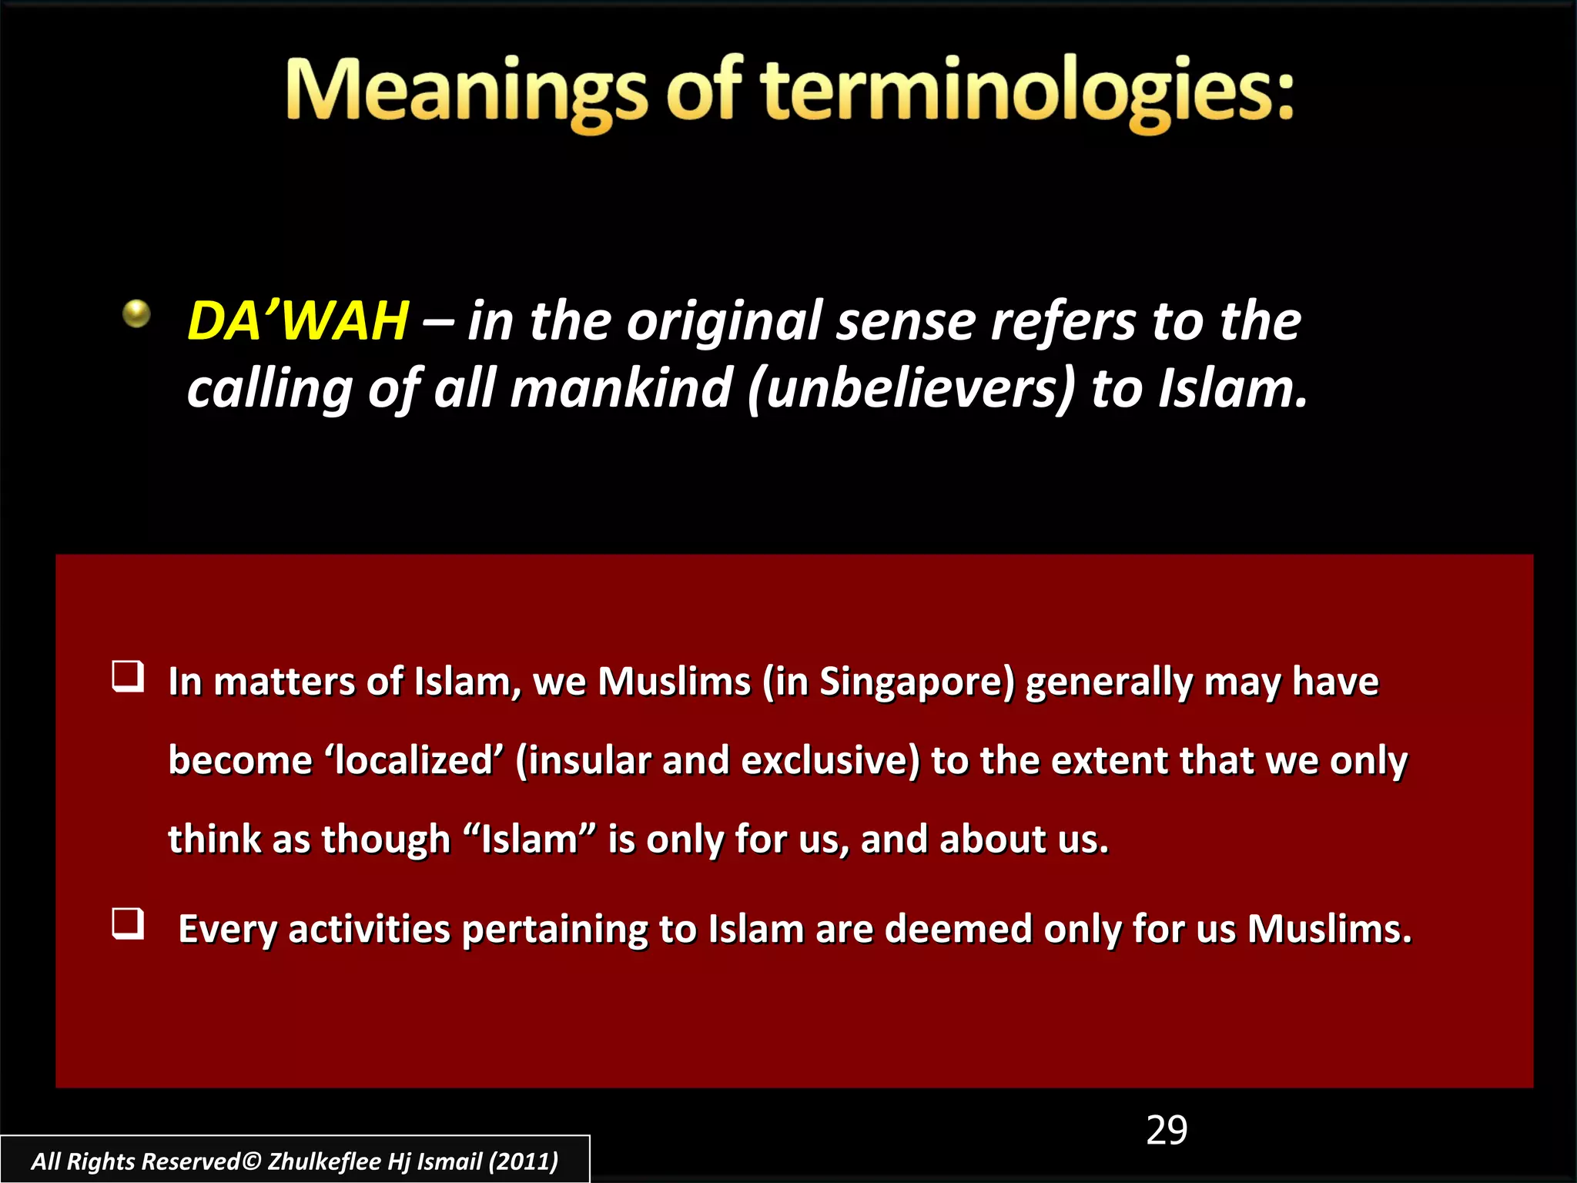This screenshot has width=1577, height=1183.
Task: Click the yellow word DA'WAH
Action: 298,321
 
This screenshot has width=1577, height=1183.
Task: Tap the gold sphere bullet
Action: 137,313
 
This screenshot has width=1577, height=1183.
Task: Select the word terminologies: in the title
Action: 1029,92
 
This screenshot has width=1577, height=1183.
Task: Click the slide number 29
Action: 1167,1131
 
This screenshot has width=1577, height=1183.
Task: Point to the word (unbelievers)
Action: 911,389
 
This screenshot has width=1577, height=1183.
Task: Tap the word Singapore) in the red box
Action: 917,682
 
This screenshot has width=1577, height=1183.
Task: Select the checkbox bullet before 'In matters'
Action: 128,676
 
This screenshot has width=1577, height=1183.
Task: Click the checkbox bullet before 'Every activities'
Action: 128,923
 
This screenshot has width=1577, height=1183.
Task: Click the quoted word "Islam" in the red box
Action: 531,839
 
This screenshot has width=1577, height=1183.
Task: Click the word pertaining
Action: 554,930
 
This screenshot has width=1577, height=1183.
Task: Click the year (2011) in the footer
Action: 524,1161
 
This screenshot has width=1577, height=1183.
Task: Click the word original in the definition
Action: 725,322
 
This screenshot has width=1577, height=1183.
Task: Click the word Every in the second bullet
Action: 227,930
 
